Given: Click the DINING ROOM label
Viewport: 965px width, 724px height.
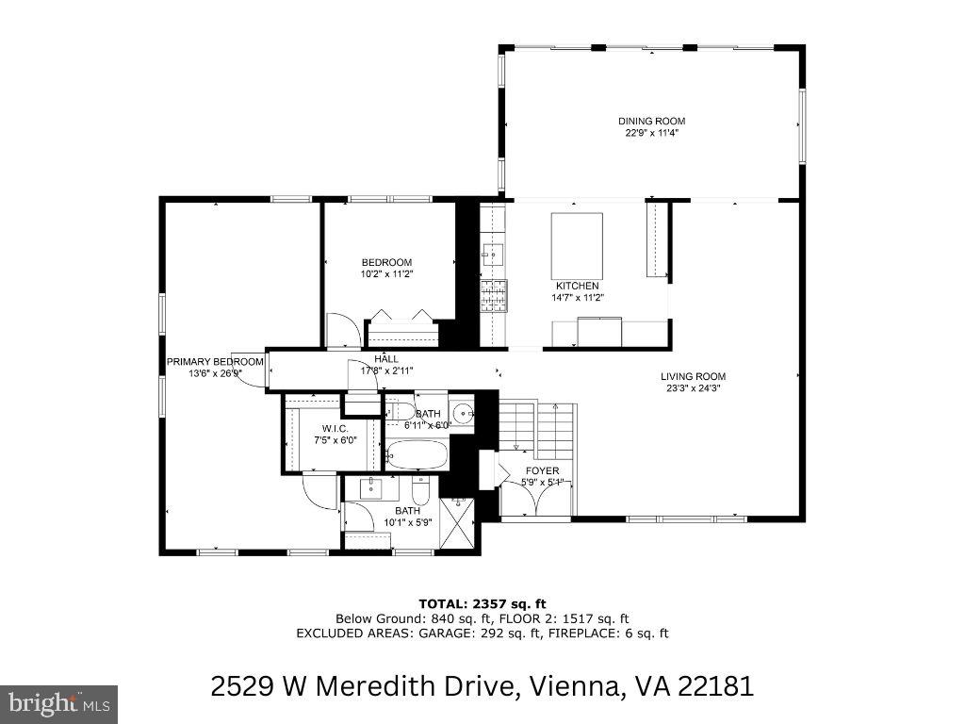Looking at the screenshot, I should coord(651,121).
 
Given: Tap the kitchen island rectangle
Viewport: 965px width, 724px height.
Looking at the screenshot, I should coord(577,245).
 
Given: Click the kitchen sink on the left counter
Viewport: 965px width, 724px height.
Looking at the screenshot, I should coord(493,254).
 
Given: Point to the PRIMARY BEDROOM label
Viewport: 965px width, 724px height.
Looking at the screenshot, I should coord(215,362).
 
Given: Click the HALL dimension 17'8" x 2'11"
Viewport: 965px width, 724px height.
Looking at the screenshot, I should coord(386,370).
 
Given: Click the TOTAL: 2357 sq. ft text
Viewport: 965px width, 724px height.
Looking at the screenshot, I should coord(482,602).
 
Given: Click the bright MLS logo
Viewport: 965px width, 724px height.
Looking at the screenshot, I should coord(58,703).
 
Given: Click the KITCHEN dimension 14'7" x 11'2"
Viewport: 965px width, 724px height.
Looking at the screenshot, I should coord(576,297).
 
